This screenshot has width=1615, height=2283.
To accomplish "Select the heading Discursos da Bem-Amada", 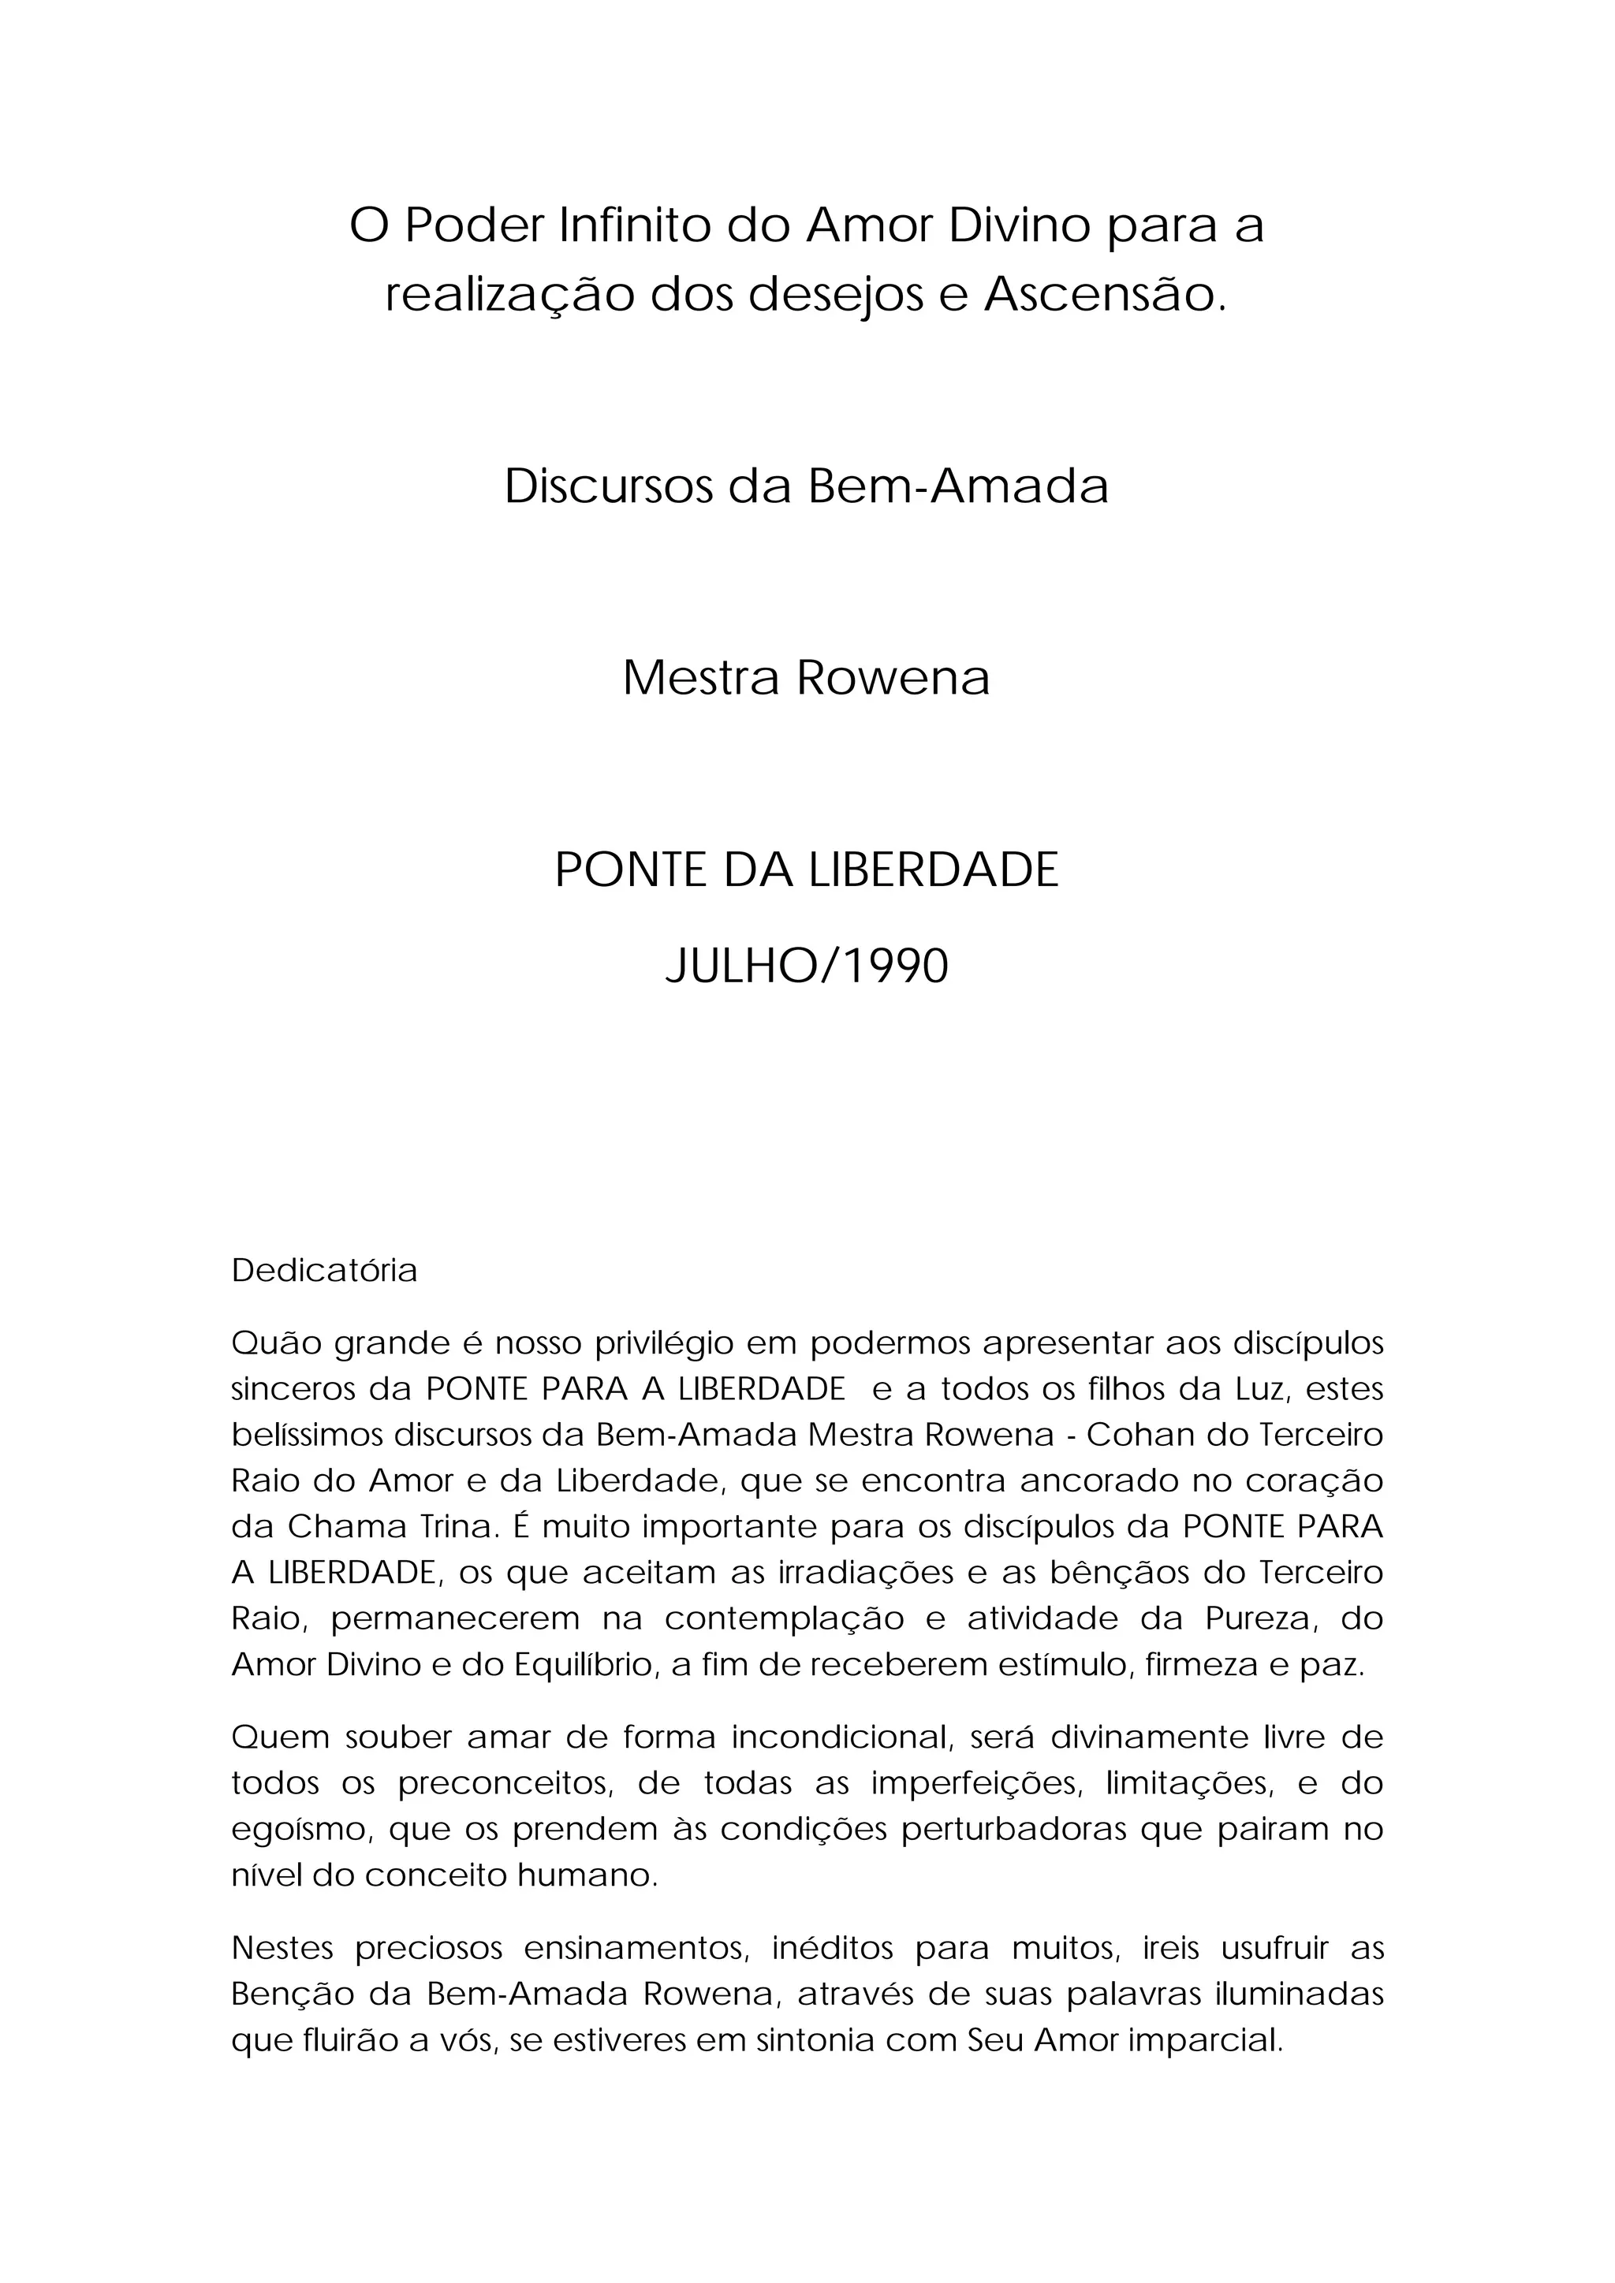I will pyautogui.click(x=807, y=487).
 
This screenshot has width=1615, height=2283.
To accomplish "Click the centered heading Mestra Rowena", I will pyautogui.click(x=807, y=678).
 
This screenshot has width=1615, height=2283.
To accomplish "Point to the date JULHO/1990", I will pyautogui.click(x=807, y=966).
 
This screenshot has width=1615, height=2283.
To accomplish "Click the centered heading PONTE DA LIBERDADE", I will pyautogui.click(x=807, y=870).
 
